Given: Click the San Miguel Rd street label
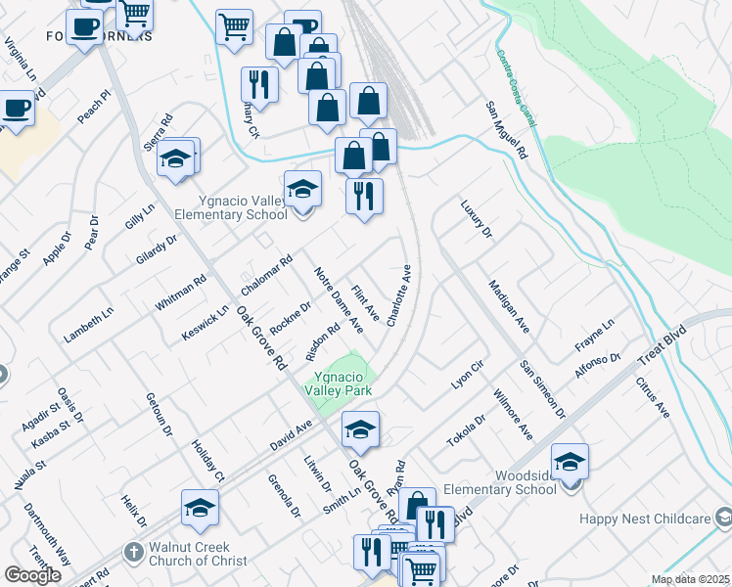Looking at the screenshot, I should pyautogui.click(x=508, y=131).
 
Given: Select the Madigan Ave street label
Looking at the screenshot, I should pyautogui.click(x=509, y=307).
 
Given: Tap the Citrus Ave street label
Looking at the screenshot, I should pyautogui.click(x=653, y=398).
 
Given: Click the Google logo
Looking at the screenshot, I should pyautogui.click(x=32, y=575).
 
